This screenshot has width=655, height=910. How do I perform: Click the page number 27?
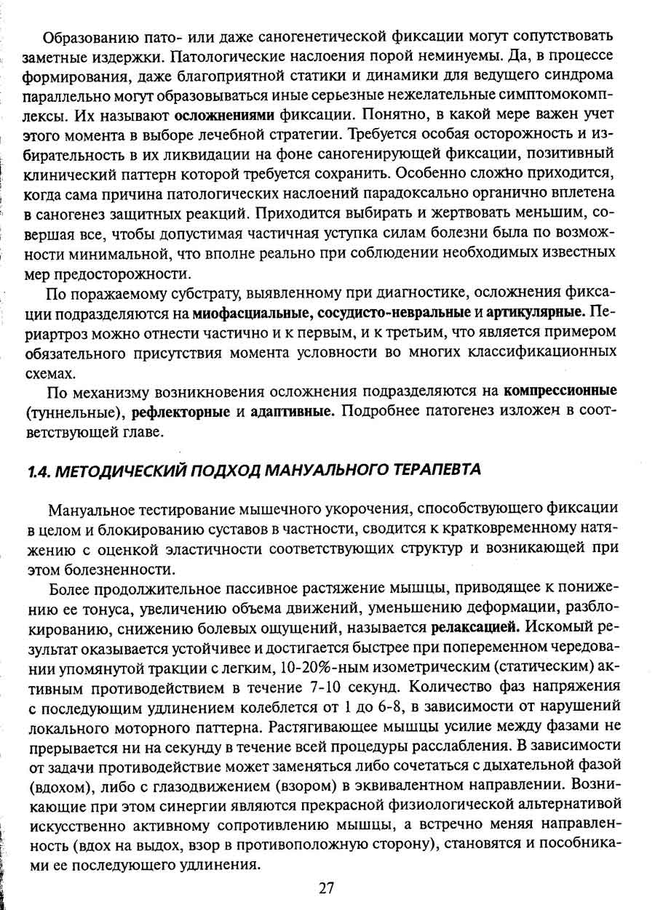point(326,887)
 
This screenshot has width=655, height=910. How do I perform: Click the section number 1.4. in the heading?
point(38,469)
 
